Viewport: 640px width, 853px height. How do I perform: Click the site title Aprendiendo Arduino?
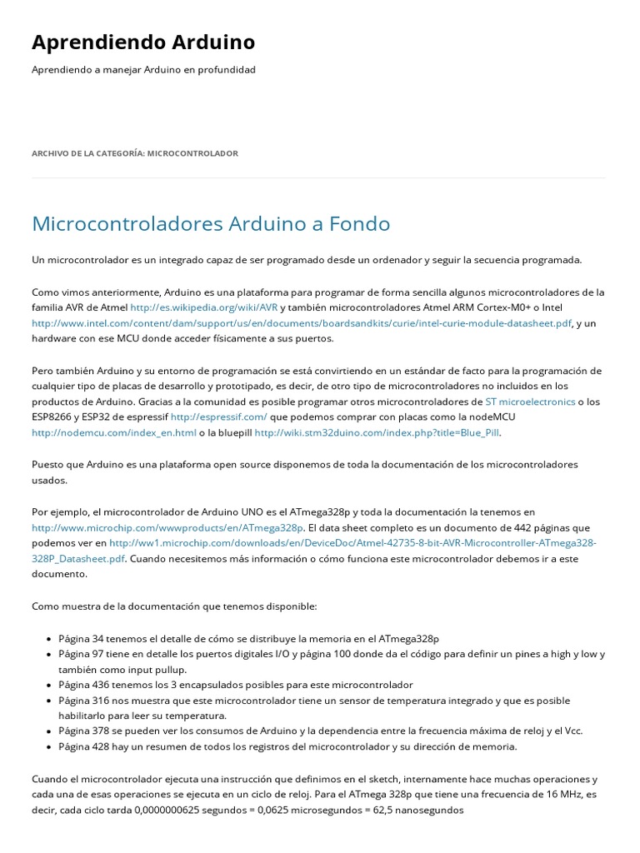[143, 42]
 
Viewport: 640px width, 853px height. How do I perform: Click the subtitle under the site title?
[143, 70]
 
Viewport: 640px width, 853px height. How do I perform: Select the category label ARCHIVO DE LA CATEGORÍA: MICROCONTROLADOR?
[135, 153]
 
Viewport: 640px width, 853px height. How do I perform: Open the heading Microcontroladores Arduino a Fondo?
[211, 223]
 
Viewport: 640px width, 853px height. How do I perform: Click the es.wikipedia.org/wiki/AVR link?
[204, 307]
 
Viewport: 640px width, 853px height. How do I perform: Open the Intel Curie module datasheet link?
[302, 323]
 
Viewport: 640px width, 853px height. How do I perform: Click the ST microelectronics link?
[530, 402]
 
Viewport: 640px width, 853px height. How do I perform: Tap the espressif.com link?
[219, 417]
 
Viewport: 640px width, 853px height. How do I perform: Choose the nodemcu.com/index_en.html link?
[114, 432]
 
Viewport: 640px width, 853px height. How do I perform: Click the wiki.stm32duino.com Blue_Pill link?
[377, 432]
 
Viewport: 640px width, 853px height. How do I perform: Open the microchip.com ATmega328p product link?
[167, 527]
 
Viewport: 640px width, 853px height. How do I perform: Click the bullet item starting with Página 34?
[248, 638]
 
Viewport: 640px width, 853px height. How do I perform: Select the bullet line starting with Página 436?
[236, 685]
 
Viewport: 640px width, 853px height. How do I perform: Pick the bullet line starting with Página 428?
[287, 746]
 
